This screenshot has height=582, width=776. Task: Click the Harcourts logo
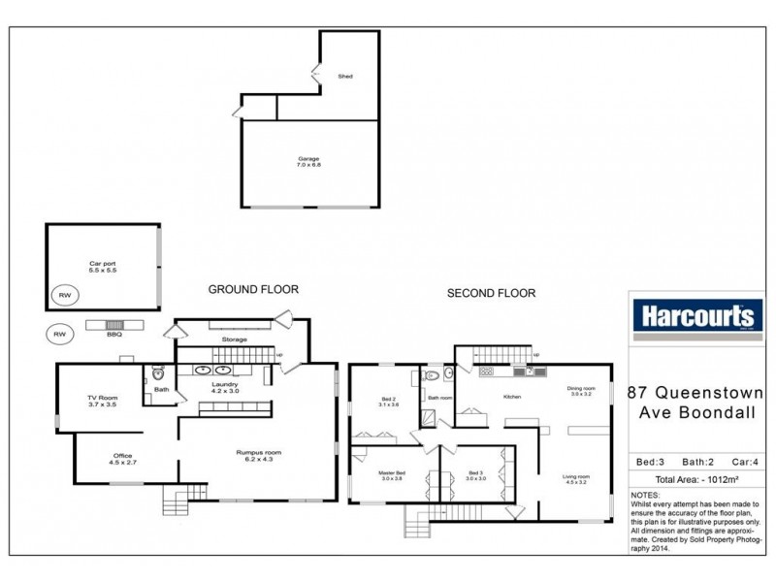point(694,316)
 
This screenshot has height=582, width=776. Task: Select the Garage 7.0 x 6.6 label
point(308,162)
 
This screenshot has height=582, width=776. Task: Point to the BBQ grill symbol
point(115,326)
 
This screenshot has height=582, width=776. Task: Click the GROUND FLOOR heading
point(253,289)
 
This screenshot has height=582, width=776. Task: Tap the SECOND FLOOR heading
point(490,293)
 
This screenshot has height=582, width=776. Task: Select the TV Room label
point(102,401)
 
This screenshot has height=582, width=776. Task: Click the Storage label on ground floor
point(234,339)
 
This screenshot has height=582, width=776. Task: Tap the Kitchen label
point(512,397)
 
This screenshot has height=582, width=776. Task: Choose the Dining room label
point(582,391)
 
